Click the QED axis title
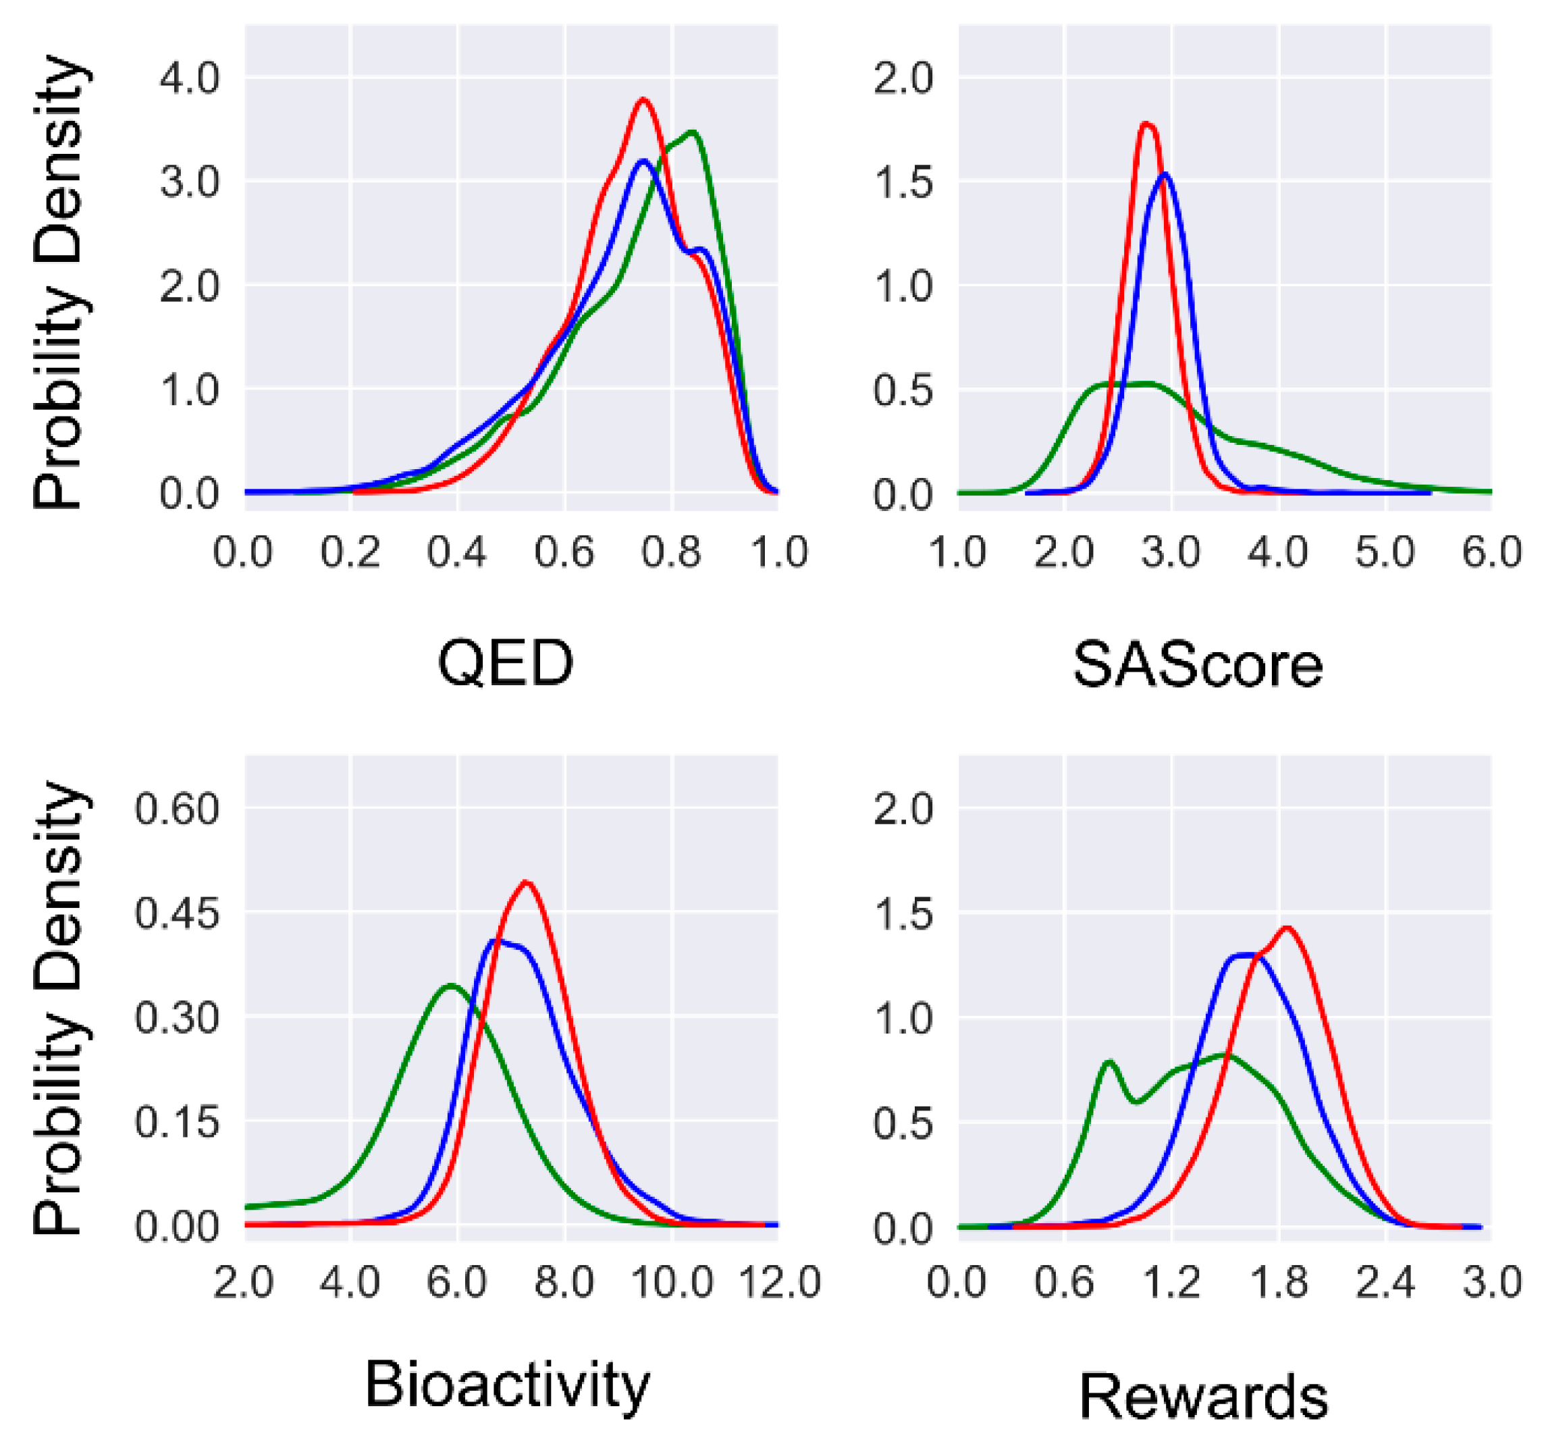click(506, 664)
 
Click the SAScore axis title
click(1198, 666)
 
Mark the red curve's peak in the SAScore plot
click(1146, 124)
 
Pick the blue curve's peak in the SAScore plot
click(1165, 175)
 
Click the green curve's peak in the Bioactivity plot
click(451, 986)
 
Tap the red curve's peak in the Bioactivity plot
click(527, 882)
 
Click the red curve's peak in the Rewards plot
click(1287, 928)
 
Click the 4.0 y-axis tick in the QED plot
click(189, 78)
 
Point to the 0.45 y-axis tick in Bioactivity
click(177, 913)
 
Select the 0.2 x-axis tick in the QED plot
click(351, 553)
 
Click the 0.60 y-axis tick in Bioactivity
click(177, 809)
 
